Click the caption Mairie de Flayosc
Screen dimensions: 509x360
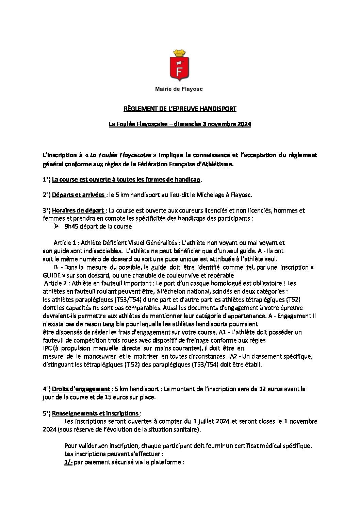click(x=179, y=89)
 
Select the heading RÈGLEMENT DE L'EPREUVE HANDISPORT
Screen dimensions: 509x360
click(x=180, y=109)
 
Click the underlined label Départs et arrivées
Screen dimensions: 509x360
click(x=78, y=195)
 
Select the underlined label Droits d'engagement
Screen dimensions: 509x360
click(x=81, y=389)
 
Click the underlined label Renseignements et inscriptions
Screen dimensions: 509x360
click(x=95, y=413)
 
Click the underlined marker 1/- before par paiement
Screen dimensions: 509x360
click(x=68, y=462)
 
